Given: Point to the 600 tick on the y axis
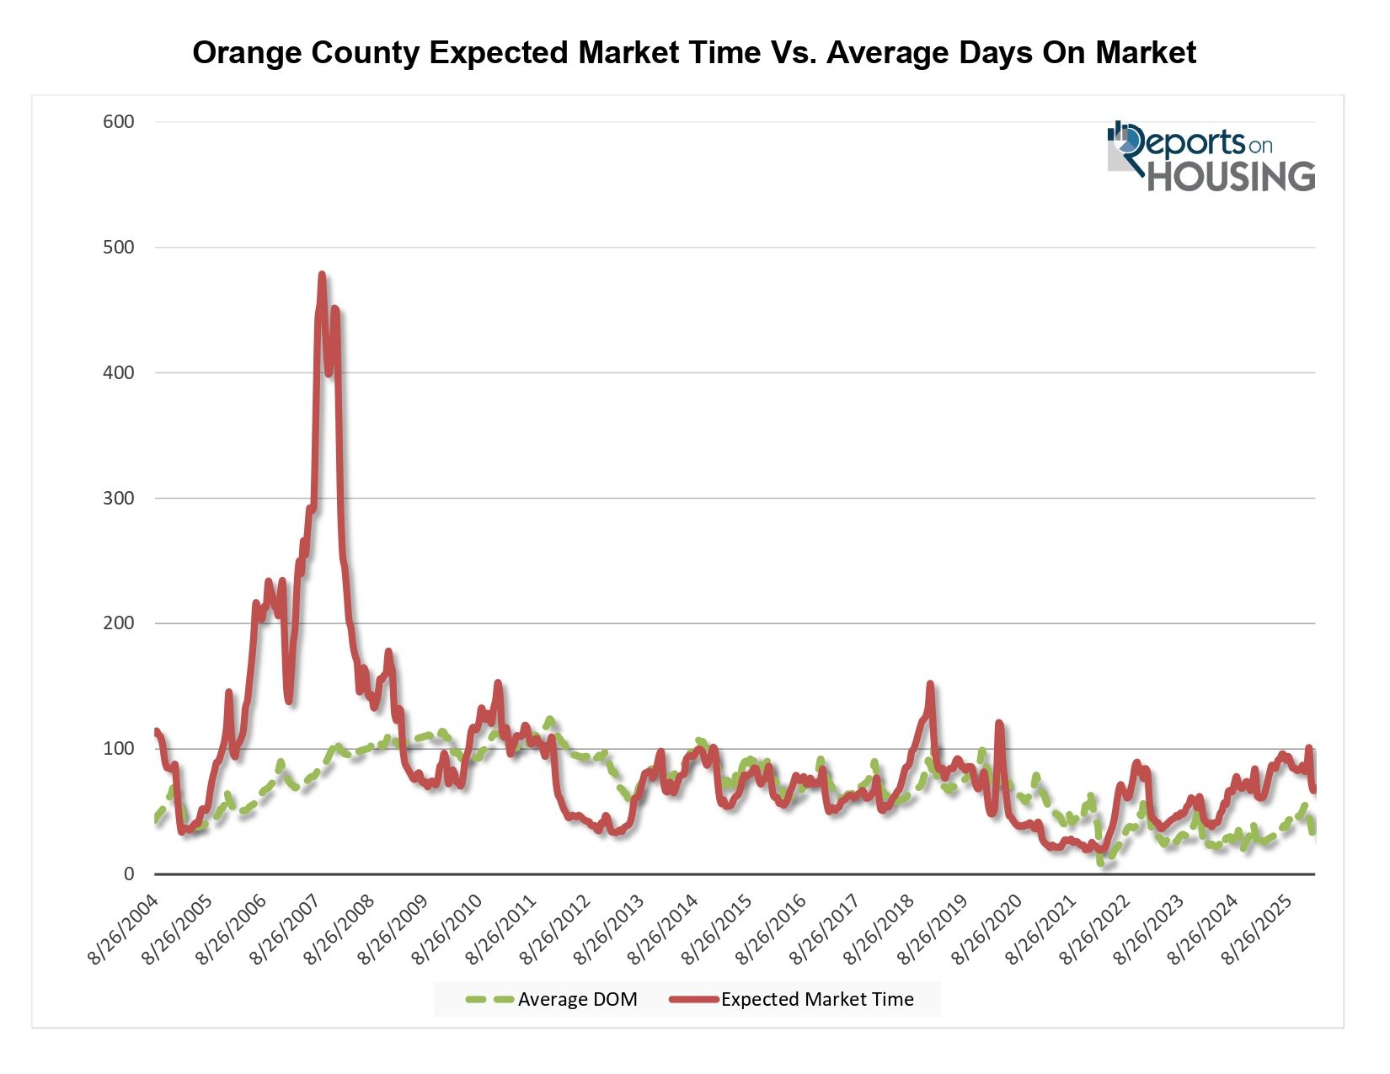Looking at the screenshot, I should pos(119,122).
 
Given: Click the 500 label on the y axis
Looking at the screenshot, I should pos(119,248).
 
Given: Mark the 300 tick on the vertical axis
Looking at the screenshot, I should pos(119,499).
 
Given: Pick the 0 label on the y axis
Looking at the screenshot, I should pos(129,874).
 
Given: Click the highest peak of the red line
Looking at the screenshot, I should pos(322,275).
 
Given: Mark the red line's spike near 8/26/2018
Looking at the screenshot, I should pos(930,684).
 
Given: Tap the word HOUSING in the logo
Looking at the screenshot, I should pos(1231,176).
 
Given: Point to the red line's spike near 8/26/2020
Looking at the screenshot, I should pos(999,723).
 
